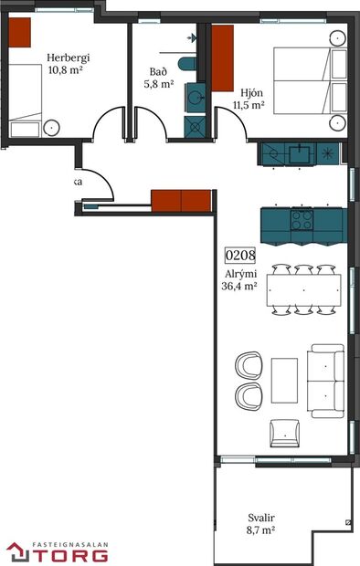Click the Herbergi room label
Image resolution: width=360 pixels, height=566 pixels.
pyautogui.click(x=68, y=61)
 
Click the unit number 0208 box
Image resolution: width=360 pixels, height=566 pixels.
pyautogui.click(x=239, y=257)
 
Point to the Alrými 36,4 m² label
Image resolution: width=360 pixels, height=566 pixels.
pyautogui.click(x=239, y=278)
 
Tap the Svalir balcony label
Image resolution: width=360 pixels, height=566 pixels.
pyautogui.click(x=261, y=521)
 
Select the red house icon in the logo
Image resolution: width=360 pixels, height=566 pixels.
pyautogui.click(x=18, y=551)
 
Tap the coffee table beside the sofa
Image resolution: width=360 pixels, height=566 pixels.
pyautogui.click(x=284, y=381)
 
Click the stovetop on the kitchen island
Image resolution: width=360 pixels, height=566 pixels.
pyautogui.click(x=301, y=220)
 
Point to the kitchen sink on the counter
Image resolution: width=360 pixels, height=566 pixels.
pyautogui.click(x=300, y=152)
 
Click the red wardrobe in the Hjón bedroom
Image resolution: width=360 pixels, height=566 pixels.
pyautogui.click(x=222, y=58)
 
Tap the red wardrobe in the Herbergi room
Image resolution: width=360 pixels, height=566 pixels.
pyautogui.click(x=20, y=33)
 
